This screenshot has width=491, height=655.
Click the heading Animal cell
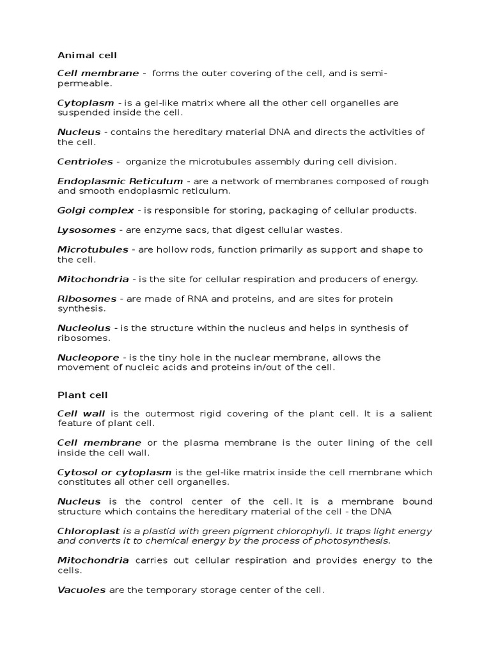pyautogui.click(x=87, y=56)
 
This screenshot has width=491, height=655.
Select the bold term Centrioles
pyautogui.click(x=85, y=162)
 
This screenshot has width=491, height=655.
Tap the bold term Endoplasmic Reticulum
pyautogui.click(x=120, y=181)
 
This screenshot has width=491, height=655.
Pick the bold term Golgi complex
pyautogui.click(x=95, y=210)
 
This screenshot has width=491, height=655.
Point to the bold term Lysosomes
pyautogui.click(x=86, y=230)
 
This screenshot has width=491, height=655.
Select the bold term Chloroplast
pyautogui.click(x=88, y=532)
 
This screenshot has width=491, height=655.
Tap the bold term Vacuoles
pyautogui.click(x=81, y=590)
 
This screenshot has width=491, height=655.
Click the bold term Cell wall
pyautogui.click(x=81, y=414)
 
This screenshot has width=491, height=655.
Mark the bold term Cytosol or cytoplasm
pyautogui.click(x=114, y=473)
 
